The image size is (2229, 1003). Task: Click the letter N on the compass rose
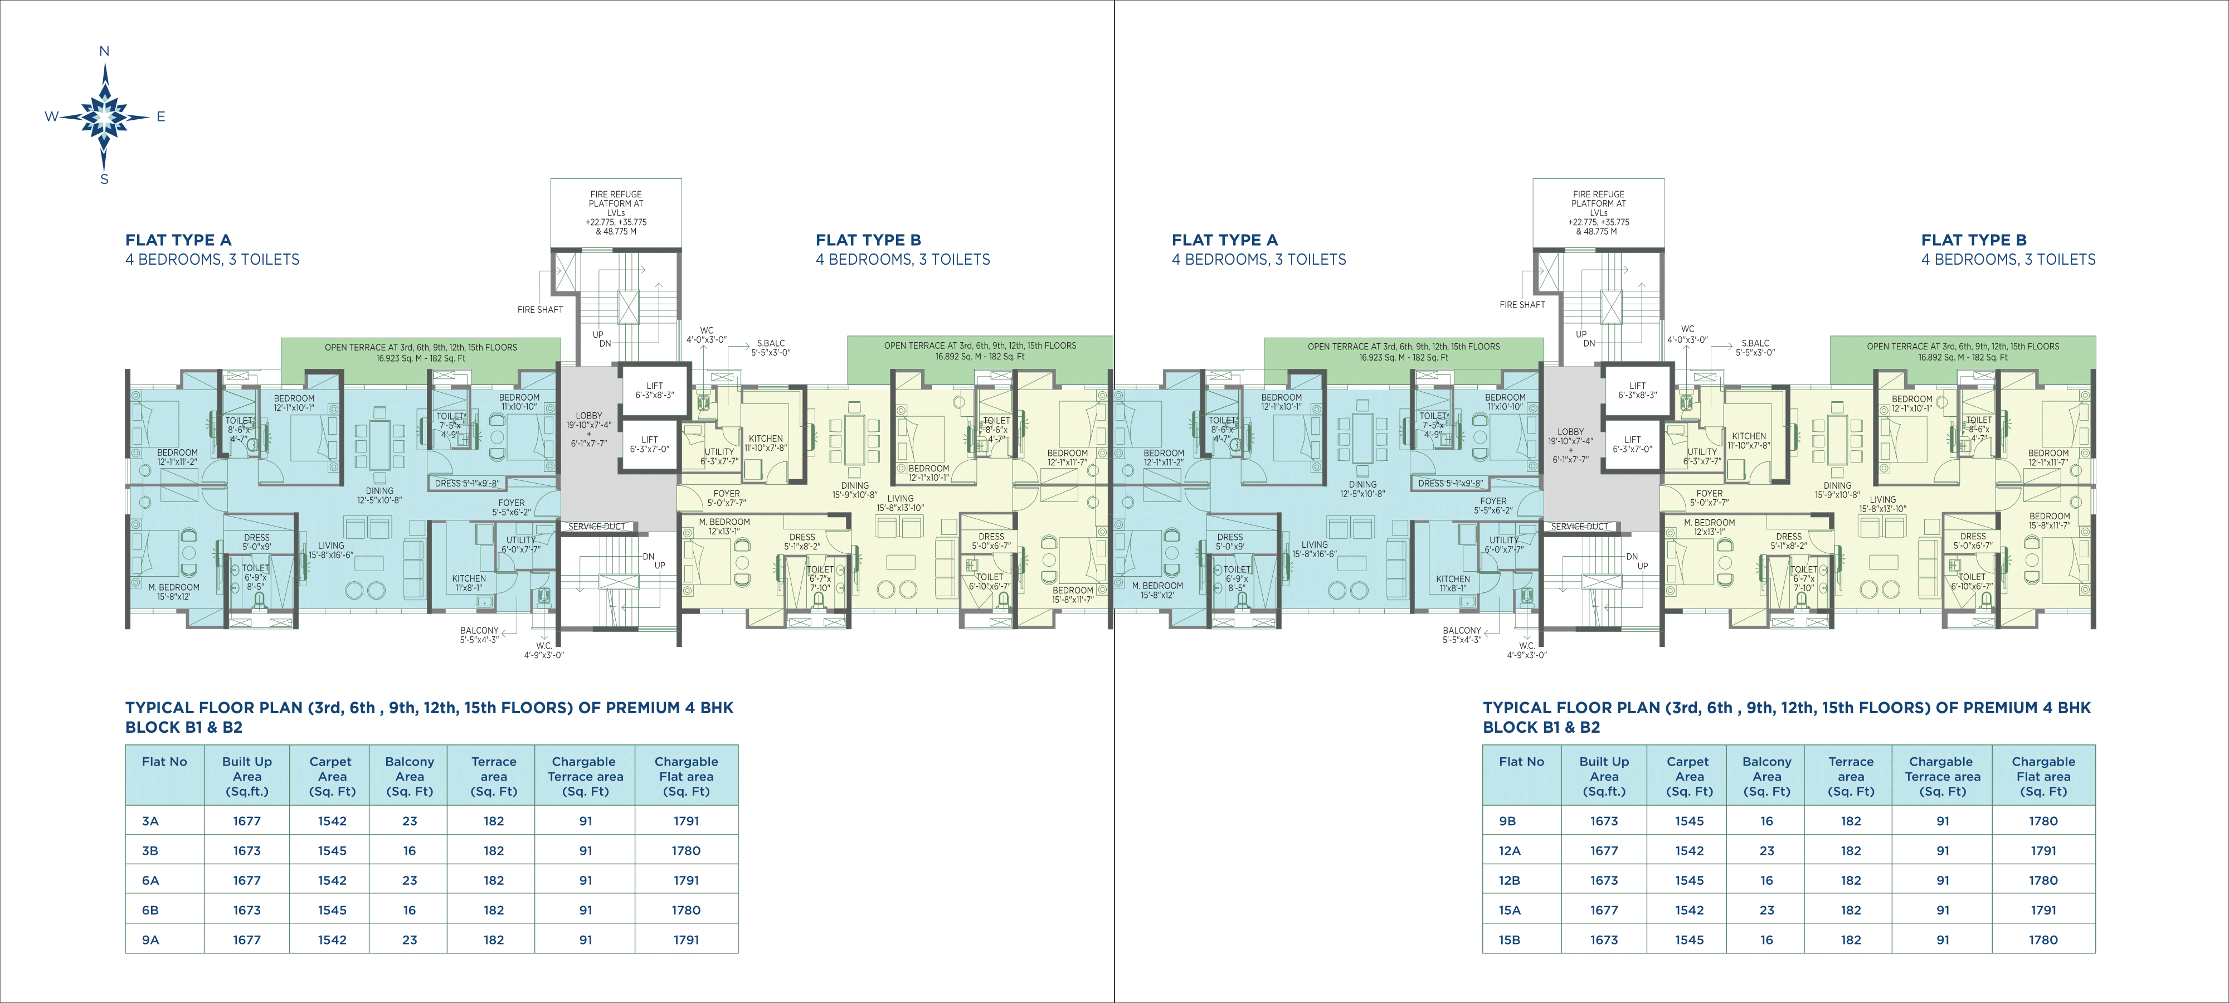point(105,52)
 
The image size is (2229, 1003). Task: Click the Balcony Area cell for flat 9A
point(409,940)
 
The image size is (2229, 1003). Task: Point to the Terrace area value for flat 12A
point(1851,851)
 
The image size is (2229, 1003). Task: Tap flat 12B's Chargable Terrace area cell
point(1943,880)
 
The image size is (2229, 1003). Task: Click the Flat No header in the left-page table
point(164,762)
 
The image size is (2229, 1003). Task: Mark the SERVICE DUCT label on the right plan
point(1579,526)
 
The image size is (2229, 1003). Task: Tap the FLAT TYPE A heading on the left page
point(178,240)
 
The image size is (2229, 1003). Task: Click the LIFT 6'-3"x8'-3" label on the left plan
point(655,390)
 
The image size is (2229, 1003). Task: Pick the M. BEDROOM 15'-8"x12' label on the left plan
point(174,592)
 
